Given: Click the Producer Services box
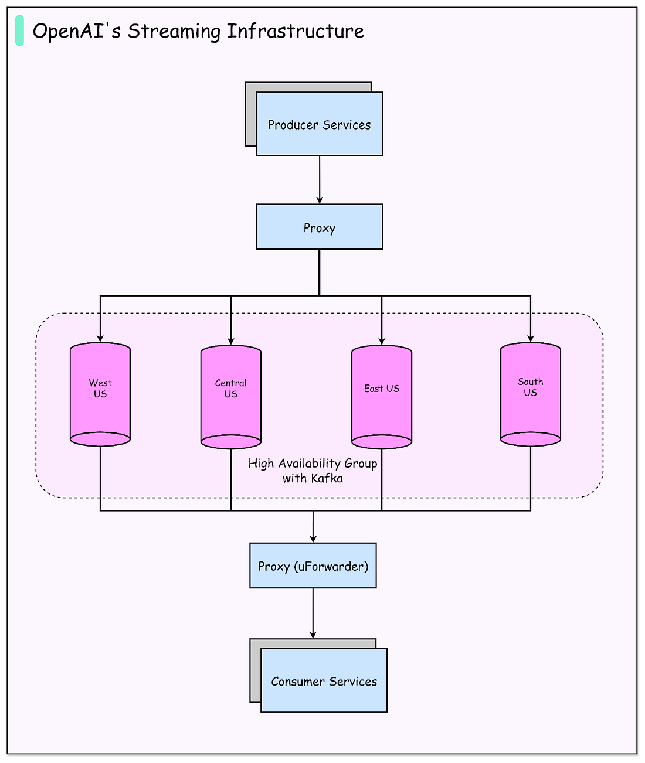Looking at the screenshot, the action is click(x=319, y=124).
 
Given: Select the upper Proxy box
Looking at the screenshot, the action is click(x=320, y=227).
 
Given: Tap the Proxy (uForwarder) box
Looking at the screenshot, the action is click(x=313, y=566).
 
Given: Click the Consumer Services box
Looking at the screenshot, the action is click(x=324, y=680).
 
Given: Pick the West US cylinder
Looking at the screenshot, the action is click(x=100, y=394).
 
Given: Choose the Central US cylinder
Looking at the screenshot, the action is click(x=230, y=397).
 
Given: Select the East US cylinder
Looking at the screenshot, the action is click(x=382, y=397).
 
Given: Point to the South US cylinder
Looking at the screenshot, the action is click(x=531, y=394).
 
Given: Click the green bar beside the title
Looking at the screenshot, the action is click(x=19, y=30).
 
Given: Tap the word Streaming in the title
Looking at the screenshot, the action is click(x=174, y=32).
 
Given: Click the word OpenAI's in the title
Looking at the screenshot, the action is click(x=77, y=32).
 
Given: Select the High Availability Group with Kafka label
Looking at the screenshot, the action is click(x=313, y=471).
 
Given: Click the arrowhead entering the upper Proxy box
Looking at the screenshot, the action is click(x=320, y=200).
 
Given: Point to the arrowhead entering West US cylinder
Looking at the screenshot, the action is click(x=100, y=339).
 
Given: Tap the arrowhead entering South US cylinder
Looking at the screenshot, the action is click(x=531, y=339).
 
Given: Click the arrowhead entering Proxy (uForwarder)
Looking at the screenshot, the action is click(x=313, y=539).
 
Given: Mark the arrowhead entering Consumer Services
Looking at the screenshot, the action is click(x=313, y=635).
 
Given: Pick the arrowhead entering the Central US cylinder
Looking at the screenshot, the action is click(x=230, y=342).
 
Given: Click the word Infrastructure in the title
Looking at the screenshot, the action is click(x=296, y=30).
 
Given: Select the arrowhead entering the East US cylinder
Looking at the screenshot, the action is click(x=382, y=342).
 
